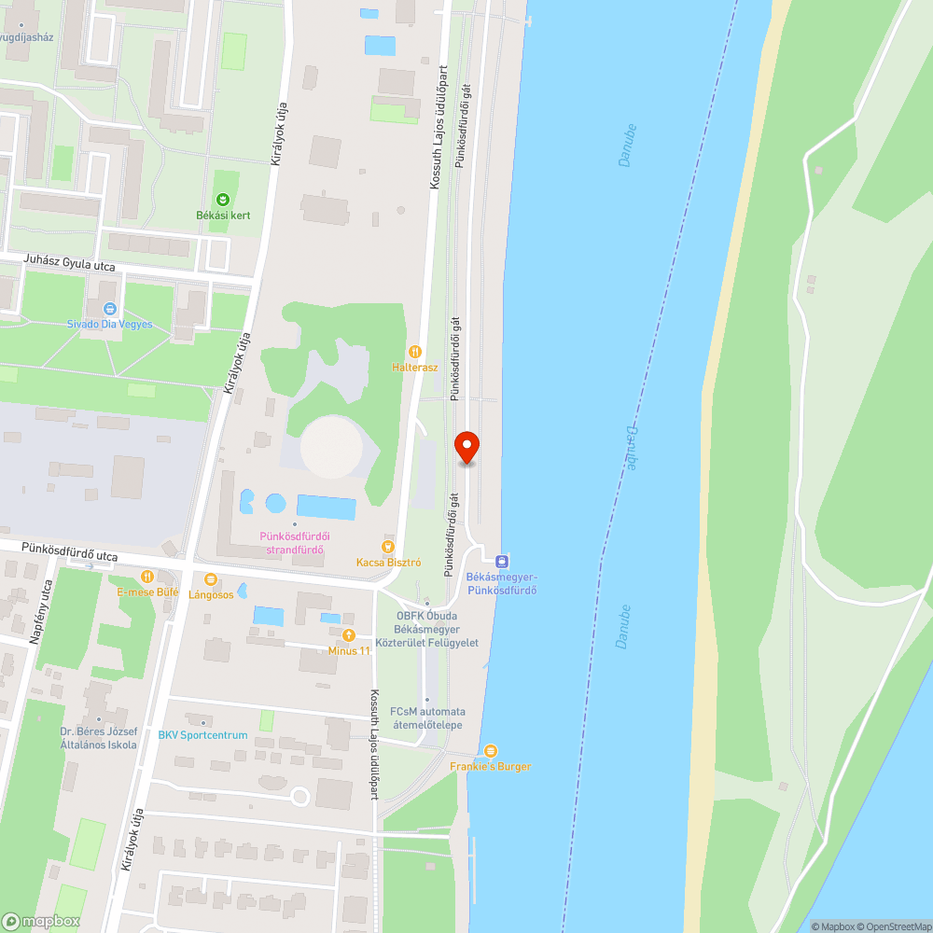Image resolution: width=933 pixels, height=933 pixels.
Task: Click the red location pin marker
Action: pos(466,447)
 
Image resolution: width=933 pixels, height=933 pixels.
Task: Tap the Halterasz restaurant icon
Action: pos(415,352)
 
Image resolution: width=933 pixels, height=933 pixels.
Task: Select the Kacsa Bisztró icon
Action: pos(389,547)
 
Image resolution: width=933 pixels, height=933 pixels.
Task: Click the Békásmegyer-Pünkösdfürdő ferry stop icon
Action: pos(503,561)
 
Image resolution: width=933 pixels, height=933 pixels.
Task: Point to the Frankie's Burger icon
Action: pos(491,751)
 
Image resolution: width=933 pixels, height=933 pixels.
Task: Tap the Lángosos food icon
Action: pos(211,579)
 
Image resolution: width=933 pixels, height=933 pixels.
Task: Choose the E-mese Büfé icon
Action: pos(146,578)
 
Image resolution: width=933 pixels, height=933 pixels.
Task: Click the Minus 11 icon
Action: pos(349,635)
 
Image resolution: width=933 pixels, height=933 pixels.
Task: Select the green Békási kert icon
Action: pos(223,199)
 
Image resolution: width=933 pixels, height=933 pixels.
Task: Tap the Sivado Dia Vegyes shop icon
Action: pos(110,309)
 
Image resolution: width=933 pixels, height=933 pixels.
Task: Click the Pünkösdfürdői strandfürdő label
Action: pos(294,542)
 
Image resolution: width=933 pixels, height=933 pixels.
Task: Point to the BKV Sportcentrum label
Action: pos(202,735)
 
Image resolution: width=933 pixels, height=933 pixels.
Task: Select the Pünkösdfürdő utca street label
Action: pos(71,554)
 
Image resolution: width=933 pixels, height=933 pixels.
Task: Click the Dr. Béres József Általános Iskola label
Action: pos(98,737)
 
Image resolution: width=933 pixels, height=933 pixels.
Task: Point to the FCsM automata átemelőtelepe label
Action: pos(427,718)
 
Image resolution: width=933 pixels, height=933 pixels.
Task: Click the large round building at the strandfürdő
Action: pos(332,446)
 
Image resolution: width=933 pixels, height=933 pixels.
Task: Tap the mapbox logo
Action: pos(42,921)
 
